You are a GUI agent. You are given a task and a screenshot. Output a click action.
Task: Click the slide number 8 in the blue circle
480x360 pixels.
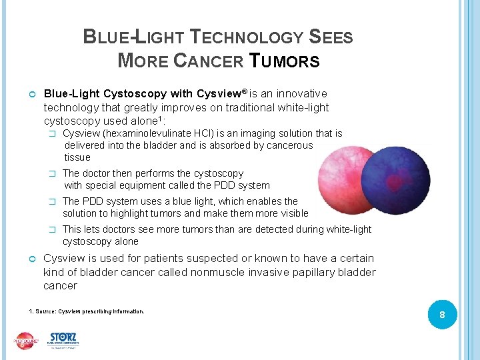(441, 315)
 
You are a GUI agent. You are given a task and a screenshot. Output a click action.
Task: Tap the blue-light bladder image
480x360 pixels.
(395, 180)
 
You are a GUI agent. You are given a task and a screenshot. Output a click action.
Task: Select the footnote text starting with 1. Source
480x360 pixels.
(87, 311)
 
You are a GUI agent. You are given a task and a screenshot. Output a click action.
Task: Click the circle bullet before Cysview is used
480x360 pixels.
(33, 259)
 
